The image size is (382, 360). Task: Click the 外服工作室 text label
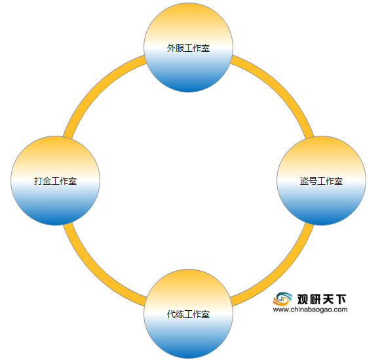[188, 48]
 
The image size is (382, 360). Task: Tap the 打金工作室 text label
[55, 181]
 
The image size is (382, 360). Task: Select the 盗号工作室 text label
[321, 181]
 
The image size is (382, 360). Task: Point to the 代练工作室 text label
[188, 314]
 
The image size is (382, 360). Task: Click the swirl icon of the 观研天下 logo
[282, 299]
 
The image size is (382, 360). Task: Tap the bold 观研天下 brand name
[322, 299]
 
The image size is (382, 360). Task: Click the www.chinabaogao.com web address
[310, 310]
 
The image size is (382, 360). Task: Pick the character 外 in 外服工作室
[171, 48]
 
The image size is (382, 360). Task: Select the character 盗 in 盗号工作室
[304, 181]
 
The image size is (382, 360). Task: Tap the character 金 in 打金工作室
[47, 181]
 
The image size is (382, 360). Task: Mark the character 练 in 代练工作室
[180, 314]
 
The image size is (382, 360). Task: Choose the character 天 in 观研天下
[328, 299]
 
